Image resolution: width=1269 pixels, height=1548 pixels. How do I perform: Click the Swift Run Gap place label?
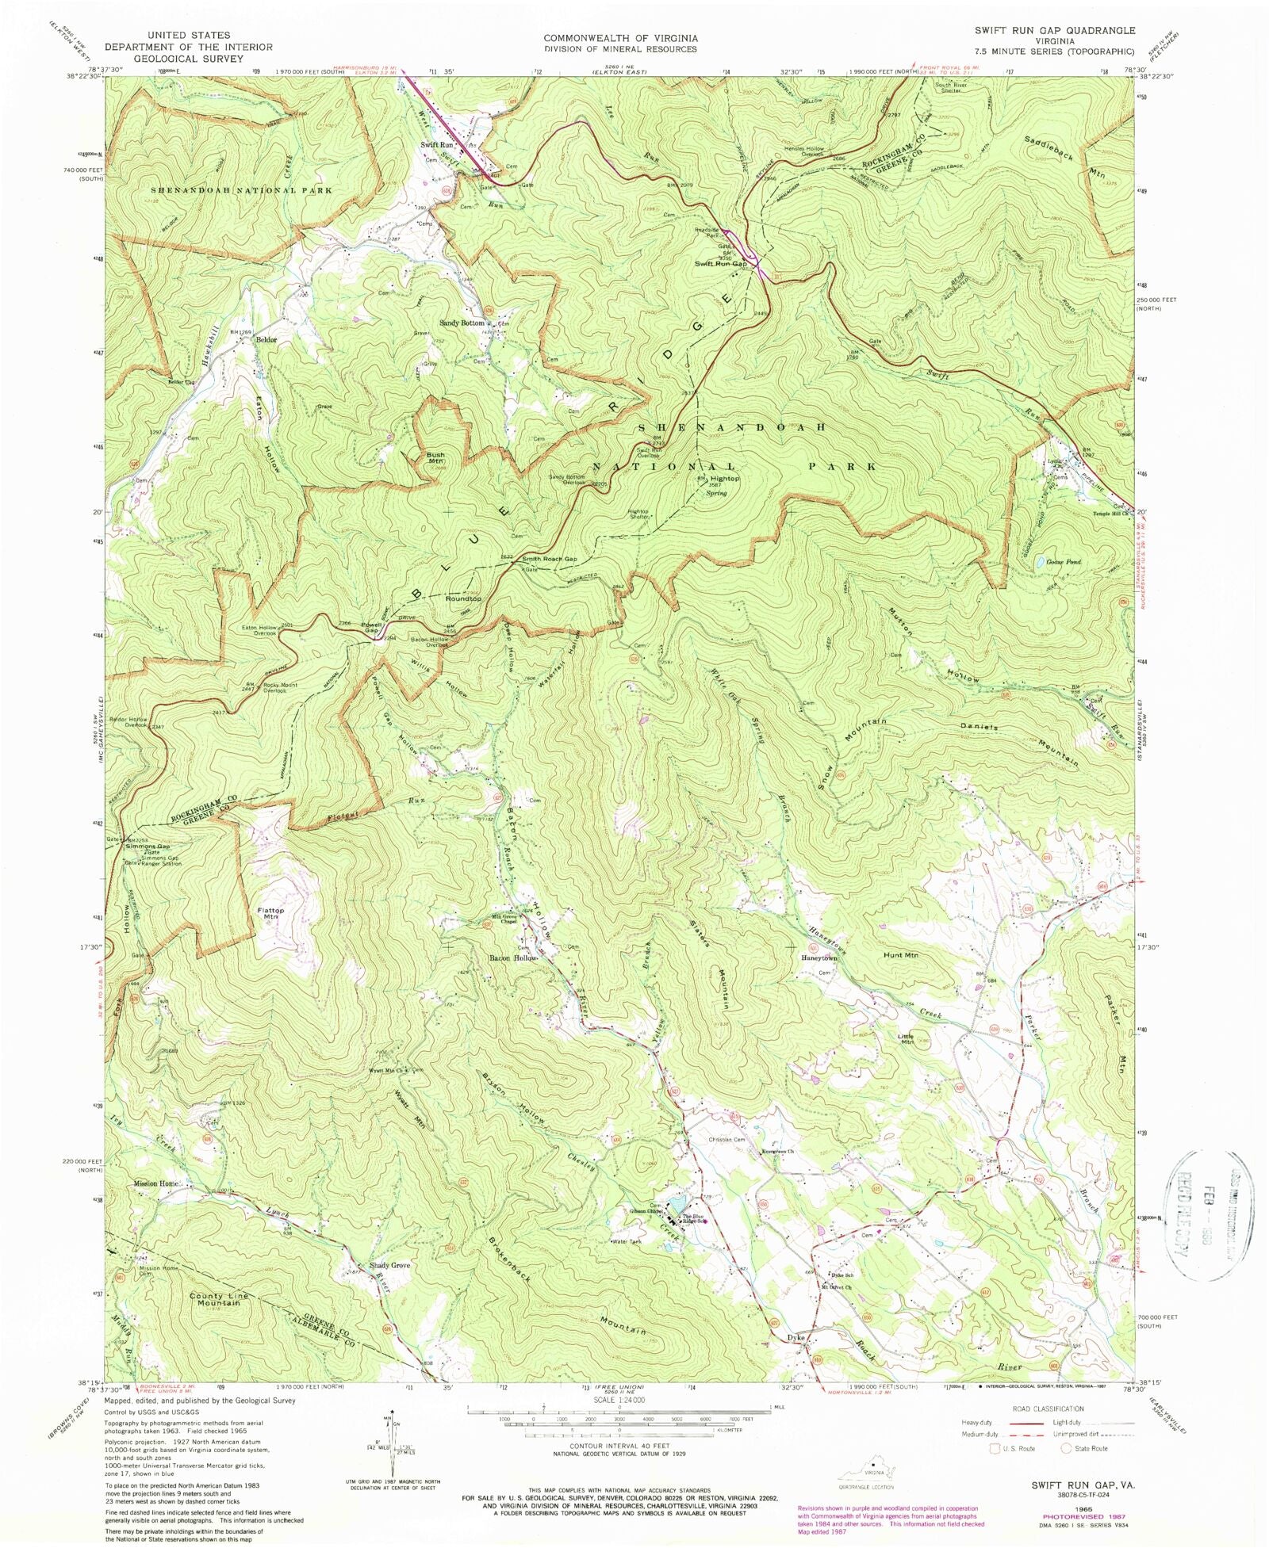720,263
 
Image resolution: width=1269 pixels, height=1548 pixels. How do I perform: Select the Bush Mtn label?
436,457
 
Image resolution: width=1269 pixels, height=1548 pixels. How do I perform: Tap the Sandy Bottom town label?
462,323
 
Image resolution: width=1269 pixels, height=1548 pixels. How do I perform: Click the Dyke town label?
796,1338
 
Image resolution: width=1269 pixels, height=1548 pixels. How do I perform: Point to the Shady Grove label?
389,1266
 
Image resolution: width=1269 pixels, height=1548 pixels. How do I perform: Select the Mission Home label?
156,1183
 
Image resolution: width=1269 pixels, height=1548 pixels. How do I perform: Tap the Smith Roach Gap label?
549,559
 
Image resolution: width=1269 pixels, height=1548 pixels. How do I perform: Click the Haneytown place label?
820,957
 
